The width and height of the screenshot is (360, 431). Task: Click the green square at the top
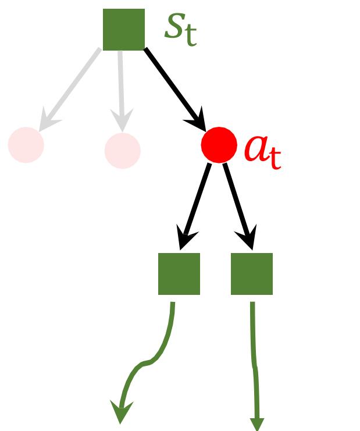(x=123, y=29)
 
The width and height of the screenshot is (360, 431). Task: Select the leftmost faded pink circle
(x=26, y=145)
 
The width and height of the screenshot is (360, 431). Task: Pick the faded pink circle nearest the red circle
(x=122, y=150)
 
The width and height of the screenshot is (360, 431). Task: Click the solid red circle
(x=219, y=145)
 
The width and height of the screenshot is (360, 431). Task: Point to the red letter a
(x=256, y=149)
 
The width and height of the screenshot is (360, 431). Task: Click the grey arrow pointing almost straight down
(x=121, y=87)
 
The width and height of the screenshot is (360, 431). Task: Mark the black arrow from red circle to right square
(x=238, y=204)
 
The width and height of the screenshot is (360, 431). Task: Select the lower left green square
(x=179, y=273)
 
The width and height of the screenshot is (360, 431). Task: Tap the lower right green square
(x=252, y=273)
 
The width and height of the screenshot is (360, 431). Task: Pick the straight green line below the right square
(x=254, y=361)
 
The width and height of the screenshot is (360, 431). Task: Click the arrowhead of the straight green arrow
(x=256, y=423)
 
